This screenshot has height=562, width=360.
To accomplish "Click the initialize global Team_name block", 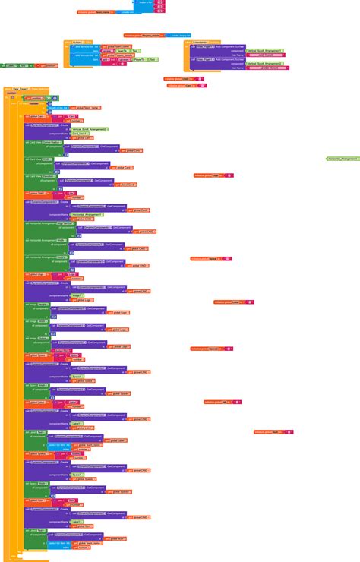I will (91, 12).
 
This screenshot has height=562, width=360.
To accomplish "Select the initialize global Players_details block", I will (142, 35).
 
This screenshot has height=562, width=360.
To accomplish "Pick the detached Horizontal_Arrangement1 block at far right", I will (343, 159).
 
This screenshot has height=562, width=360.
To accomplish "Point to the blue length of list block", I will (60, 107).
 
